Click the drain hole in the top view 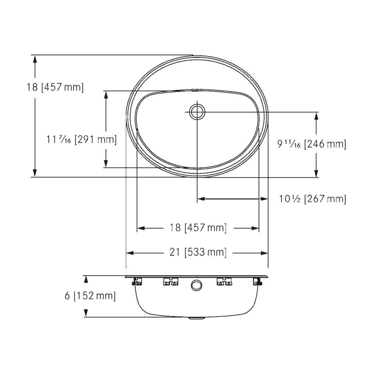pos(197,112)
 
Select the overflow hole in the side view pos(196,286)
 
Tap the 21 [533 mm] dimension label pos(198,252)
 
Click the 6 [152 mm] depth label pos(90,296)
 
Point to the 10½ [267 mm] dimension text pos(312,199)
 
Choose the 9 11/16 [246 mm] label pos(312,144)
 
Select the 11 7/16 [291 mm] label pos(81,139)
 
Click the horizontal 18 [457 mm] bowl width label pos(198,228)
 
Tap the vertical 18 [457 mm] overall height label pos(55,87)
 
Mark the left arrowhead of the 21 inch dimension pos(130,253)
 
